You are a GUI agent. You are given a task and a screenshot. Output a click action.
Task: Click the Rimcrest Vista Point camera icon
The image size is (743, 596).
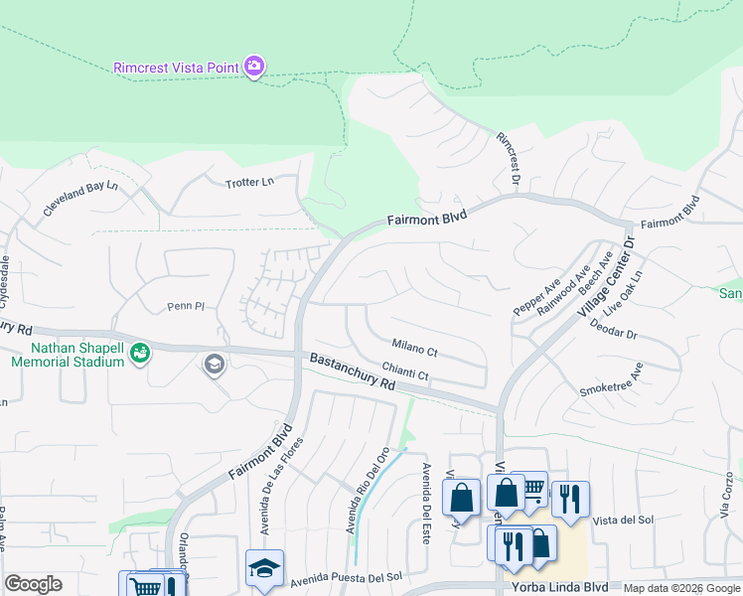coord(254,67)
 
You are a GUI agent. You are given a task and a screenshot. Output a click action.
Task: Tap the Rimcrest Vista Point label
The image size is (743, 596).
coord(175,68)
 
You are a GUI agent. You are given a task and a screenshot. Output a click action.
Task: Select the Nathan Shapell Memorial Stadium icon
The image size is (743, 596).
coord(140,352)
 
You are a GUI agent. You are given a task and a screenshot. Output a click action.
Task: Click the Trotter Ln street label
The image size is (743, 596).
coord(248,183)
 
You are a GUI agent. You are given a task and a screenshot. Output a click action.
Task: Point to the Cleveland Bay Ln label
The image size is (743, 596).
coord(79,199)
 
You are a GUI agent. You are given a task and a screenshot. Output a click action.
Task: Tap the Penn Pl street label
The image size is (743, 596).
coord(185,307)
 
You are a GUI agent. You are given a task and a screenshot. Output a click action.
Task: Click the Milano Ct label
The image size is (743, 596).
coord(414,349)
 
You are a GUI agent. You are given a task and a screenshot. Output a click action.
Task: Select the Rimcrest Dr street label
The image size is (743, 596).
coord(508,158)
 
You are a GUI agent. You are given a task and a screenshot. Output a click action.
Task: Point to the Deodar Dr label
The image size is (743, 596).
coord(612,328)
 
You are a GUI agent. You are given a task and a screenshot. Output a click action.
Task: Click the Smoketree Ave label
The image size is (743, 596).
coord(612,380)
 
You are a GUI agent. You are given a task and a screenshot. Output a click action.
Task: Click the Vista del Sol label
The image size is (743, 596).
coord(622,521)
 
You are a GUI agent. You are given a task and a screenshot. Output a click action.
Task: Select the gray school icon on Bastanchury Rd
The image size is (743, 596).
coord(213,366)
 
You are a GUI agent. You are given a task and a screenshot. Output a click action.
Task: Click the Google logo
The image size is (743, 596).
coord(33,584)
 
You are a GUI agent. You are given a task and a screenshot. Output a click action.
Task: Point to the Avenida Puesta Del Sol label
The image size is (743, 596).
coord(345,577)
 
